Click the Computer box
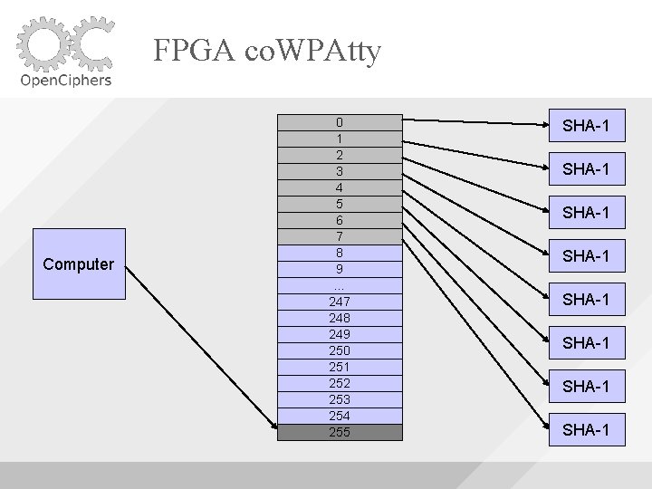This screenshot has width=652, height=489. [x=79, y=264]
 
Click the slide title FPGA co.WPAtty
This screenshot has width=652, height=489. [x=267, y=50]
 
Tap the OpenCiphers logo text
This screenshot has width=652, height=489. [x=66, y=80]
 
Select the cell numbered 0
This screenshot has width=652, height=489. [x=340, y=122]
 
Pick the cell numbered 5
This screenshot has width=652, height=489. [x=340, y=204]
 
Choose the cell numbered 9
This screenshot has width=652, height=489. [x=340, y=269]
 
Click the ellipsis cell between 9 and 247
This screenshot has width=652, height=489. [x=340, y=285]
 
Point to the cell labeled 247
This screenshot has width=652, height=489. [x=340, y=302]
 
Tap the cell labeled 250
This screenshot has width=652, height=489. [x=340, y=350]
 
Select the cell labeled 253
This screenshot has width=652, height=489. [x=340, y=399]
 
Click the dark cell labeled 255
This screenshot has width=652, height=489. [x=340, y=432]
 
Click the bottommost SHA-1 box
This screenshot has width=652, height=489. [x=585, y=429]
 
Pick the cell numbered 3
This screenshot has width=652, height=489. [x=340, y=171]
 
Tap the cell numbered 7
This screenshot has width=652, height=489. [x=340, y=236]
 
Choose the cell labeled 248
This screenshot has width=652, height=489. [x=340, y=318]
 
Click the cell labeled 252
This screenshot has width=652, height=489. [x=340, y=383]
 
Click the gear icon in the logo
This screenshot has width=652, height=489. [x=42, y=43]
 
